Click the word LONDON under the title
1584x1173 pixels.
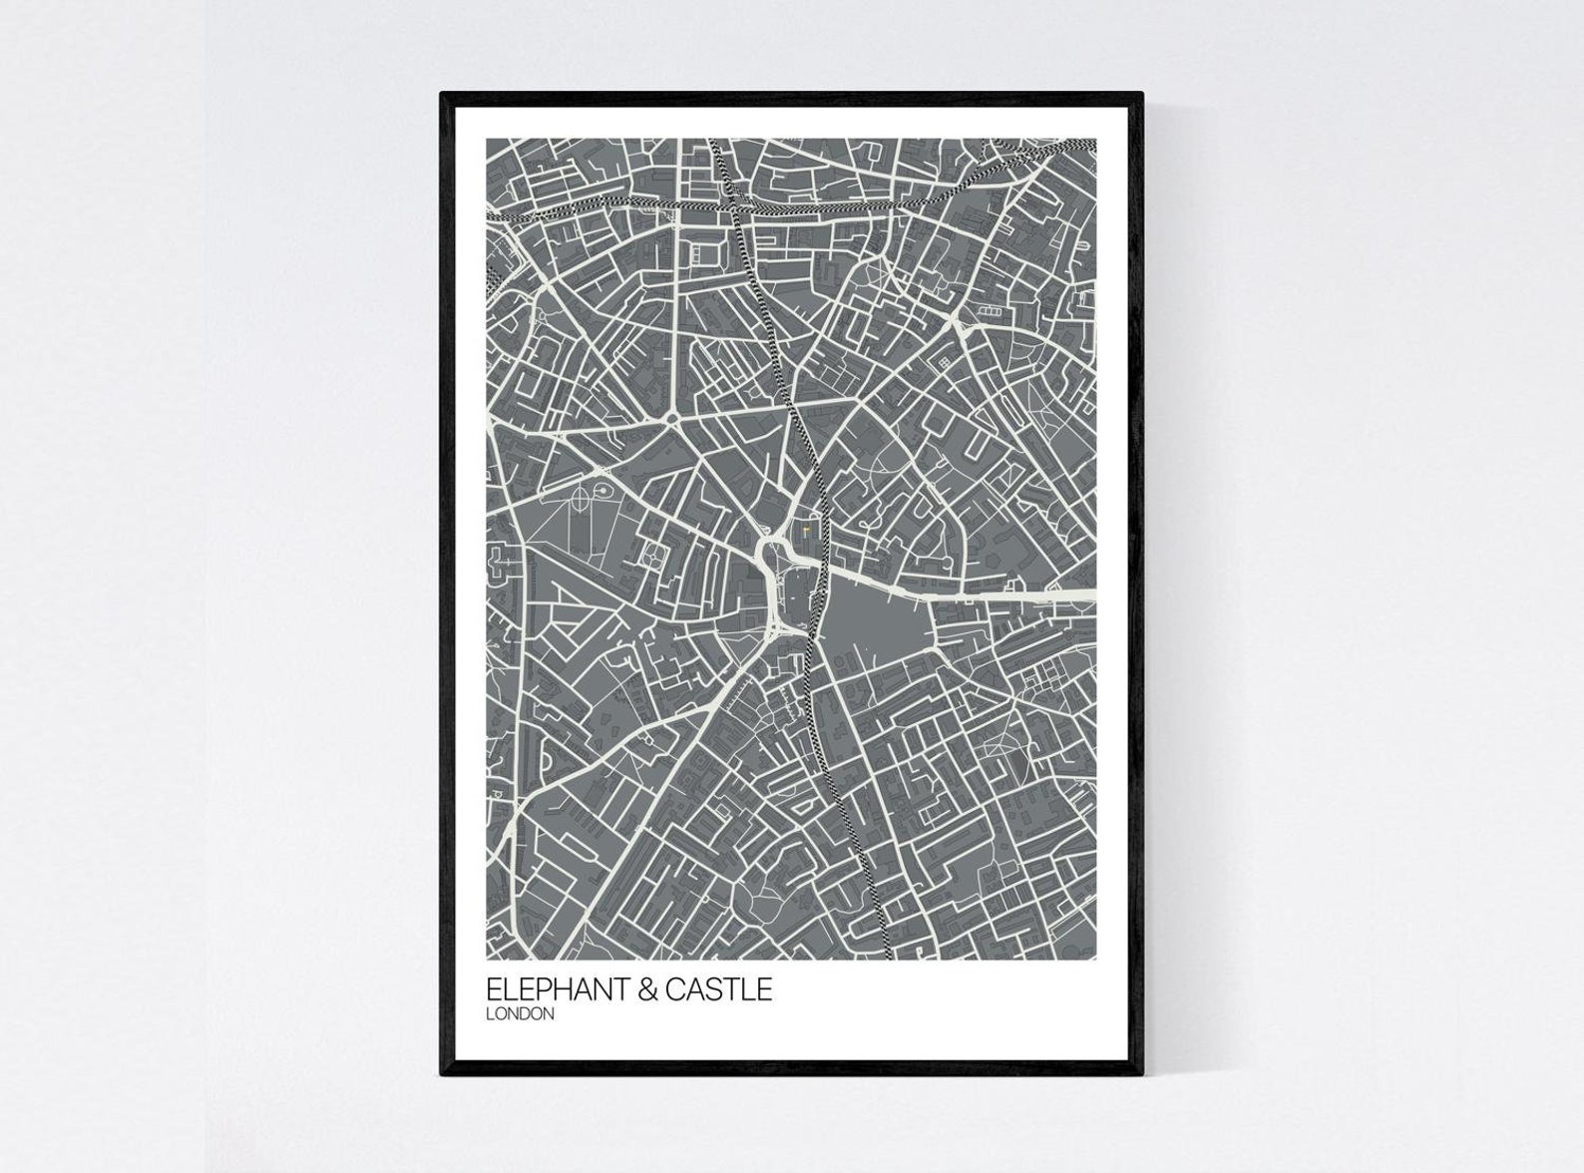point(520,1014)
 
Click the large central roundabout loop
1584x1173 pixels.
point(770,550)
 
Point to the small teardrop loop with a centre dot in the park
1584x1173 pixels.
point(604,492)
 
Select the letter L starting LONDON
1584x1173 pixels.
point(490,1014)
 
